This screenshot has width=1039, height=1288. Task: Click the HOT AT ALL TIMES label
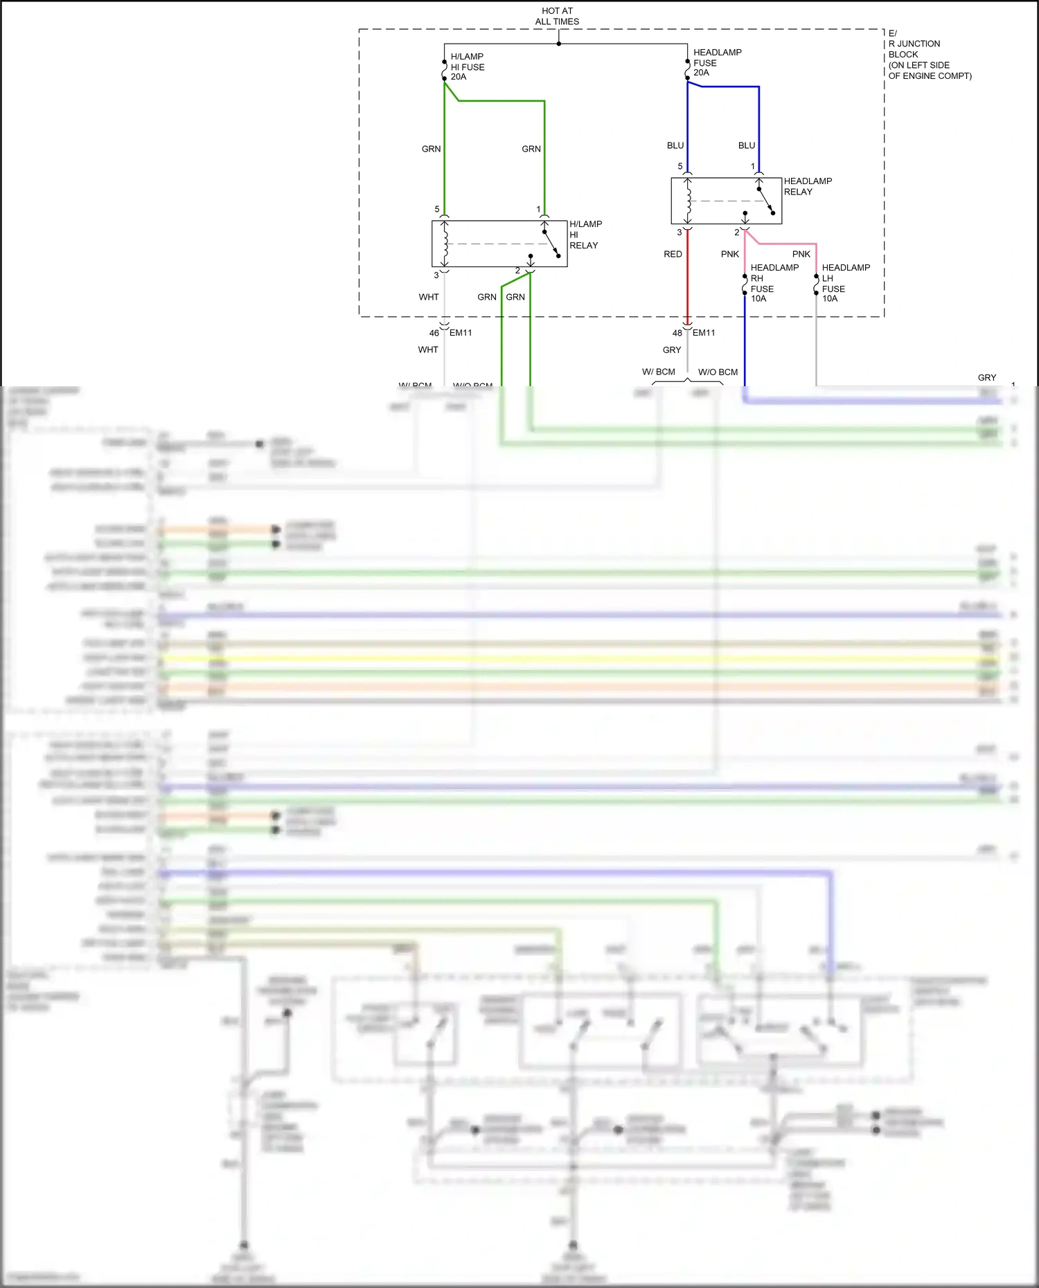point(557,16)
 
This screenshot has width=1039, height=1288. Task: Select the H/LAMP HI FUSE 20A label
point(467,66)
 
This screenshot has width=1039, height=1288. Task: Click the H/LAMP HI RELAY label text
point(585,235)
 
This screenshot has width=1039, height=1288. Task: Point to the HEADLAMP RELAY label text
point(807,186)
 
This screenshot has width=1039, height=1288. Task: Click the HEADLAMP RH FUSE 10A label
point(774,283)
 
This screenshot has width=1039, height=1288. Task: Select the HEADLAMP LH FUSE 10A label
point(845,283)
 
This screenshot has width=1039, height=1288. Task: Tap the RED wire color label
point(673,254)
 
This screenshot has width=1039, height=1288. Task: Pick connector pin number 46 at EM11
point(434,333)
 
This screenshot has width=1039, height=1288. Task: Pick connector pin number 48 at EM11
point(677,333)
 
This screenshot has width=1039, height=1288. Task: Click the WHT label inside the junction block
point(429,297)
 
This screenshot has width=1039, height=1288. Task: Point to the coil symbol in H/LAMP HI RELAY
point(445,244)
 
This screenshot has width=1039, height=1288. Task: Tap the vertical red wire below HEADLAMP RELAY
point(687,277)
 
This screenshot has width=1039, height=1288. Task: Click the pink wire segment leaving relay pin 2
point(783,244)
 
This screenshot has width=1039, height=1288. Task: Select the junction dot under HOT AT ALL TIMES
point(558,44)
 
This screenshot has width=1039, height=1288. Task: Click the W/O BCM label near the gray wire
point(718,372)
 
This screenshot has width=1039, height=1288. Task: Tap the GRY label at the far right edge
point(986,378)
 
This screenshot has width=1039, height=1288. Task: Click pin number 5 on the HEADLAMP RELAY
point(680,166)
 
